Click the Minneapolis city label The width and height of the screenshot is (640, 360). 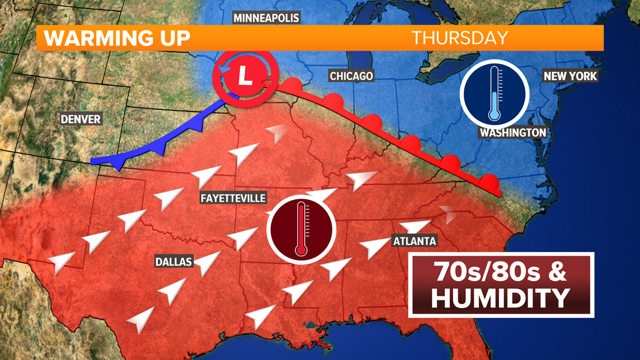tap(266, 18)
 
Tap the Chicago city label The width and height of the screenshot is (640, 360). tap(351, 76)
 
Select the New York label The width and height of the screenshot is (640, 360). tap(570, 75)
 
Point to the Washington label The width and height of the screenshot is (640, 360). tap(512, 133)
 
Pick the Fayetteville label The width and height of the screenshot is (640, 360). tap(233, 198)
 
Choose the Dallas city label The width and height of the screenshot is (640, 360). tap(174, 262)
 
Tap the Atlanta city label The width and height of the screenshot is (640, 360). tap(415, 241)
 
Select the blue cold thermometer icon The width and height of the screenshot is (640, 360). tap(494, 93)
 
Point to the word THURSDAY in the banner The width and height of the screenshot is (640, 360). tap(460, 38)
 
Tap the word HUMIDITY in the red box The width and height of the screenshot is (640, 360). tap(500, 298)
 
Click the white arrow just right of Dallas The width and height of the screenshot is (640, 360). tap(208, 260)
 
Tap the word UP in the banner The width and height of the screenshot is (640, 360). tap(171, 38)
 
